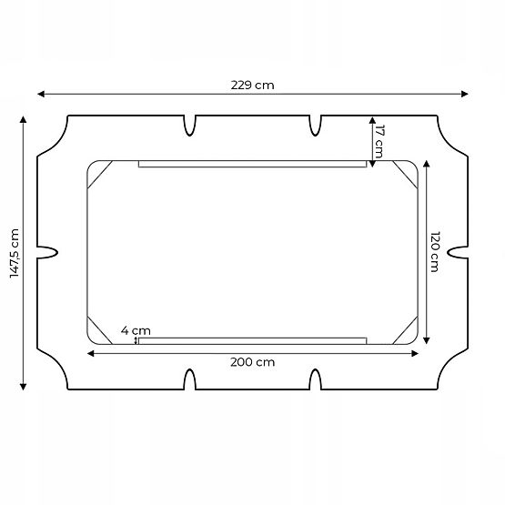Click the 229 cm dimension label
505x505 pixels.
(x=252, y=85)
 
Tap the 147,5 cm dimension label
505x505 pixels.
(x=13, y=252)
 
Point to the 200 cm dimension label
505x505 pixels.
(x=252, y=361)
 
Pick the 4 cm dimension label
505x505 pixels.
(x=136, y=330)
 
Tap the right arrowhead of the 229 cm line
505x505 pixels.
(x=465, y=93)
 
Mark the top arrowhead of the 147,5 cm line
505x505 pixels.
(x=24, y=119)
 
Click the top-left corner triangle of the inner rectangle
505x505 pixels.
(x=98, y=172)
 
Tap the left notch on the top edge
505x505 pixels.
(x=190, y=124)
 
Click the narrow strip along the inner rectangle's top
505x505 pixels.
(x=252, y=165)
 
